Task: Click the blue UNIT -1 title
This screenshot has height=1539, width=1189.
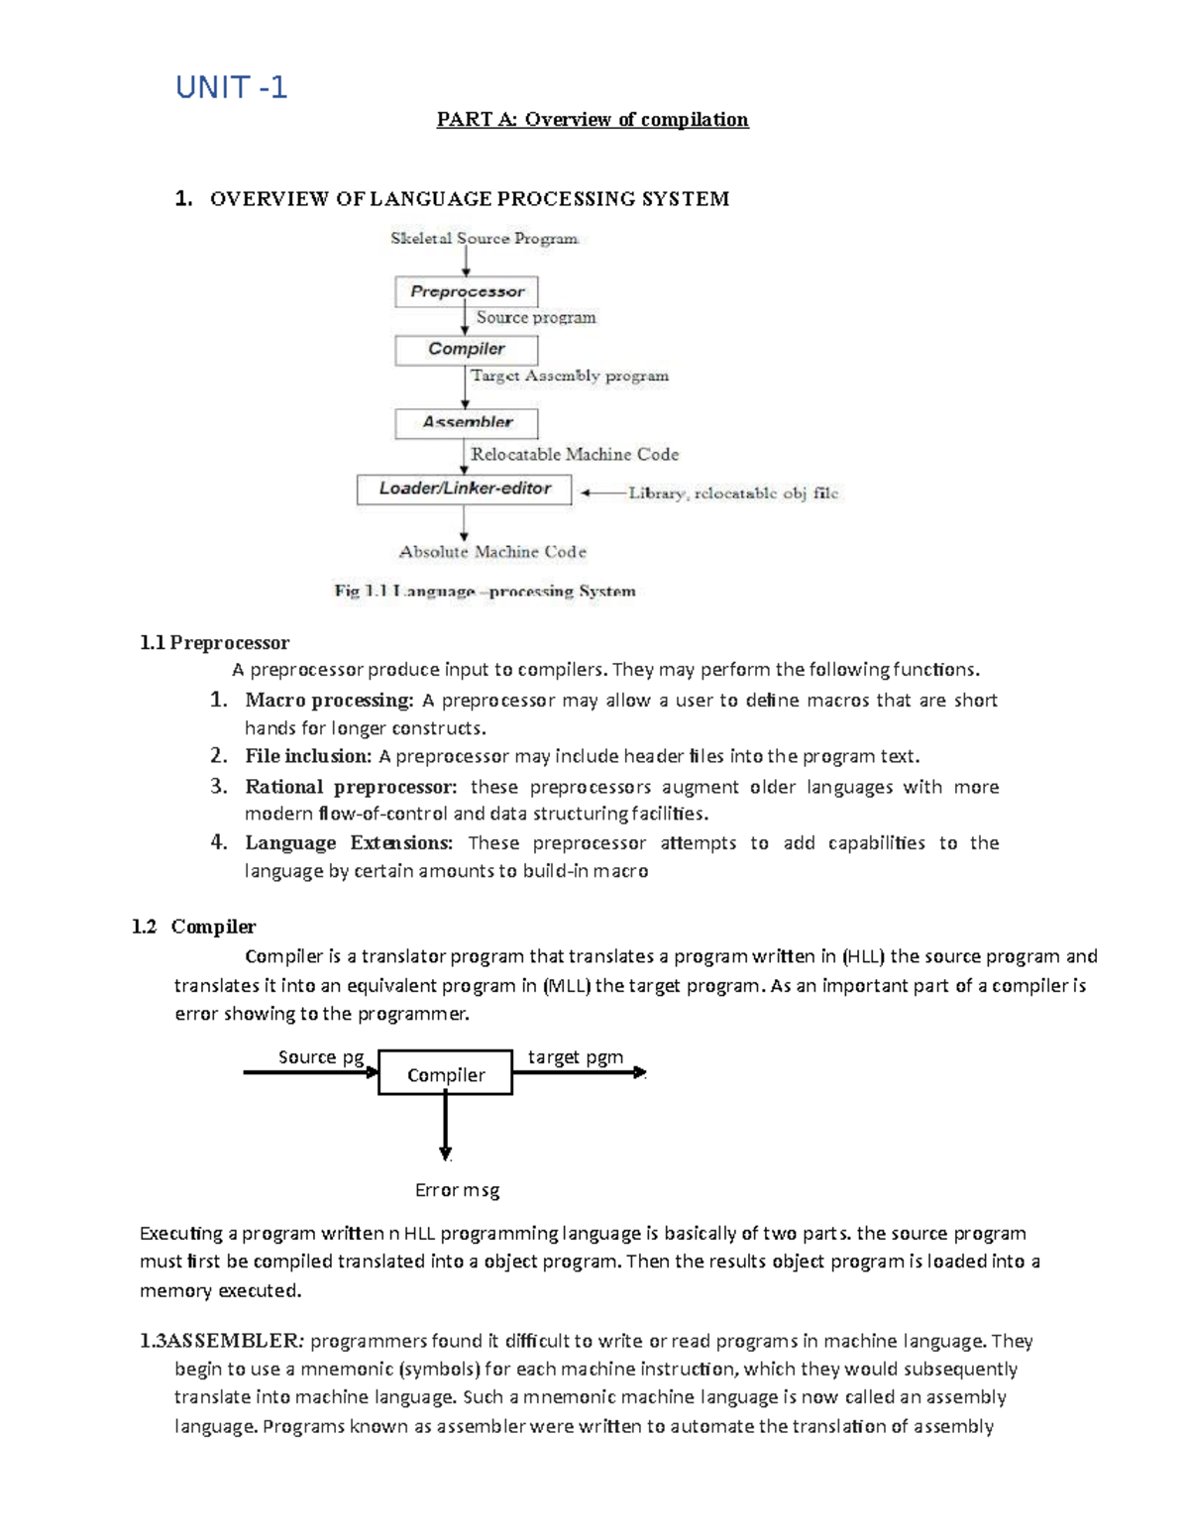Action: coord(231,88)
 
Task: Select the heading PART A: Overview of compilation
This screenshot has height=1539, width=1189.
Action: coord(593,120)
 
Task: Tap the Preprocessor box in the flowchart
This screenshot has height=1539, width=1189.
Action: coord(467,291)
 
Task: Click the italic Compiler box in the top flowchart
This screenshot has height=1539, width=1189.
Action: coord(467,349)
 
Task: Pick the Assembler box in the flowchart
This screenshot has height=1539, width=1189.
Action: coord(467,423)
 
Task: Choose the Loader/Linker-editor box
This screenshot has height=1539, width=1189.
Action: coord(464,489)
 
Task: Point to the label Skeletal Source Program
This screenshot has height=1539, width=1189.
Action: coord(484,238)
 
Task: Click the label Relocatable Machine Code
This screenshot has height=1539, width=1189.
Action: coord(575,454)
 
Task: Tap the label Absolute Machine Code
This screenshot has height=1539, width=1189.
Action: coord(492,552)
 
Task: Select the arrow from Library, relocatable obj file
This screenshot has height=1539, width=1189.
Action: coord(602,493)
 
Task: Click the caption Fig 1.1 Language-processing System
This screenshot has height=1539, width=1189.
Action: coord(485,592)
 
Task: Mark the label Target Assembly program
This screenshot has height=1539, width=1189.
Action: coord(570,376)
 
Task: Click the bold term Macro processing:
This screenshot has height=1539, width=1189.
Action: coord(329,701)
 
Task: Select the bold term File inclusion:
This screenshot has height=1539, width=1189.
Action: coord(308,756)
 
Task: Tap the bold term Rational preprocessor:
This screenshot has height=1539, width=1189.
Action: coord(351,787)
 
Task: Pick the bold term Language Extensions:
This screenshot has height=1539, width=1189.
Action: coord(349,843)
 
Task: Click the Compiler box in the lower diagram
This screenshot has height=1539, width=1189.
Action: coord(446,1074)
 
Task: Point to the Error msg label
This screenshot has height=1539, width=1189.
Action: coord(457,1190)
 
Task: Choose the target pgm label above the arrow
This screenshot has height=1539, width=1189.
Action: coord(576,1057)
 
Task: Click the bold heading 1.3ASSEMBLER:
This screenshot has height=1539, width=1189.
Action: coord(222,1341)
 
